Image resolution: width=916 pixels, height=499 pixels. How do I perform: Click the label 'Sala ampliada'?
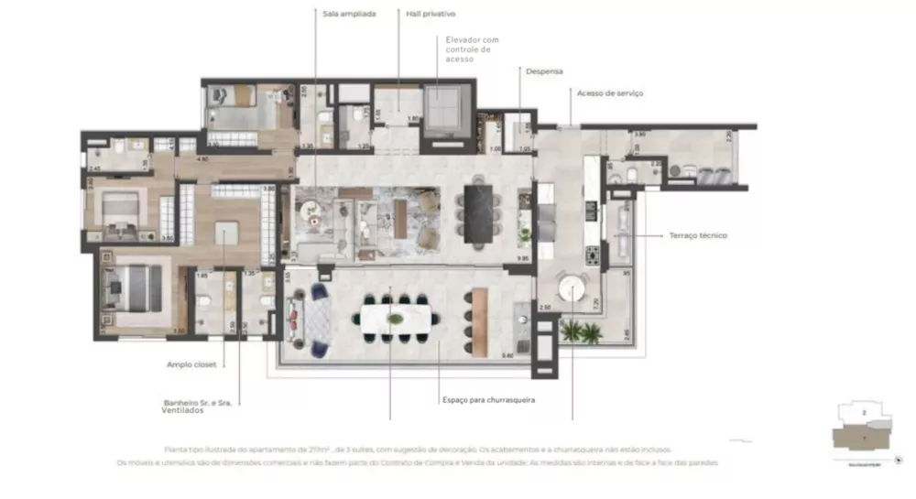pos(350,14)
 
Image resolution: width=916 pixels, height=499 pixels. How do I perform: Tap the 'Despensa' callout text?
pos(544,71)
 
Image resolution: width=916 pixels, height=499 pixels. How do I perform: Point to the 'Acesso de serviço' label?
pos(610,92)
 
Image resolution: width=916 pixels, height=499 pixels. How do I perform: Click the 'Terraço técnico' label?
pos(699,235)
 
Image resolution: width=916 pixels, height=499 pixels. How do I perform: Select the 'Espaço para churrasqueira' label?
pos(488,400)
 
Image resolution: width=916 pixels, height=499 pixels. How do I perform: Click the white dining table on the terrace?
pos(395,319)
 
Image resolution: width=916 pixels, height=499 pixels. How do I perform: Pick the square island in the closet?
pos(226,234)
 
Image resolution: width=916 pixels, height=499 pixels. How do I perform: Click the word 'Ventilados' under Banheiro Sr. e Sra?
pos(171,410)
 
